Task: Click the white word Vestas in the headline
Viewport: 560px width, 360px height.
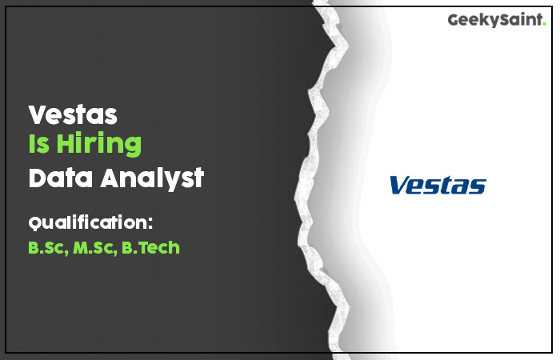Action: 73,114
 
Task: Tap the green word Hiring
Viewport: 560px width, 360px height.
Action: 99,144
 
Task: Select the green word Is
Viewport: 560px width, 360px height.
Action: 39,143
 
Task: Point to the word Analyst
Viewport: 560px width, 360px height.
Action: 152,178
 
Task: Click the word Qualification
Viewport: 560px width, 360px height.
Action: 88,223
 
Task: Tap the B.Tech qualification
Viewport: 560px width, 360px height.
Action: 150,247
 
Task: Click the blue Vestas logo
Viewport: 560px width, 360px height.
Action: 438,185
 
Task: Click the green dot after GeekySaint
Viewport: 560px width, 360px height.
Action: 544,23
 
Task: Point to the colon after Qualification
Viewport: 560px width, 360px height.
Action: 150,223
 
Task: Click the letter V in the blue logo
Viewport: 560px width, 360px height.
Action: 400,185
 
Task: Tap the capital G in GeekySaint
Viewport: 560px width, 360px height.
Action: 454,20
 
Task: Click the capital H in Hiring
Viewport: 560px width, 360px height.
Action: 66,143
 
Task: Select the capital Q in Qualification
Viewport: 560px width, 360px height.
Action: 35,223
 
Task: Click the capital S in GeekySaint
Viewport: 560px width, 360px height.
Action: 503,20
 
